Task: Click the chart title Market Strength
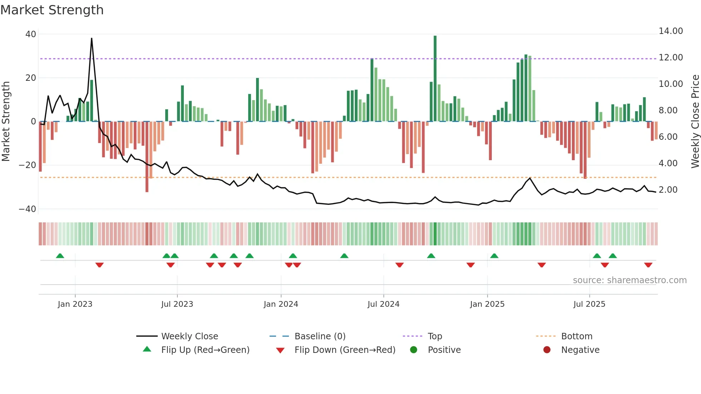pyautogui.click(x=52, y=10)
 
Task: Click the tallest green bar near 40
pyautogui.click(x=435, y=79)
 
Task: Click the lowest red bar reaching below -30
pyautogui.click(x=147, y=157)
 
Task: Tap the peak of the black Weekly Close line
pyautogui.click(x=92, y=38)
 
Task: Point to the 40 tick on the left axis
pyautogui.click(x=31, y=34)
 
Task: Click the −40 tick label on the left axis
pyautogui.click(x=28, y=209)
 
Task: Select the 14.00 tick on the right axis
pyautogui.click(x=671, y=31)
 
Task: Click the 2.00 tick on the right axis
pyautogui.click(x=668, y=190)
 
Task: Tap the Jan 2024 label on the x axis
pyautogui.click(x=281, y=304)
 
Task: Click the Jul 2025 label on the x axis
pyautogui.click(x=589, y=304)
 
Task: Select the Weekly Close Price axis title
pyautogui.click(x=695, y=122)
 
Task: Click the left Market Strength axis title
pyautogui.click(x=6, y=122)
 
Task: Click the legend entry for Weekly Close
pyautogui.click(x=189, y=336)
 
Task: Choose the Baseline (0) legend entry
pyautogui.click(x=320, y=336)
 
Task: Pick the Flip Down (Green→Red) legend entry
pyautogui.click(x=344, y=350)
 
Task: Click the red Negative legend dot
pyautogui.click(x=547, y=350)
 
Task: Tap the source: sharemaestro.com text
pyautogui.click(x=629, y=280)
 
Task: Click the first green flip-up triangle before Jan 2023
pyautogui.click(x=60, y=256)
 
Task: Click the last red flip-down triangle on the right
pyautogui.click(x=648, y=265)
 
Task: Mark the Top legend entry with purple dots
pyautogui.click(x=435, y=336)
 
